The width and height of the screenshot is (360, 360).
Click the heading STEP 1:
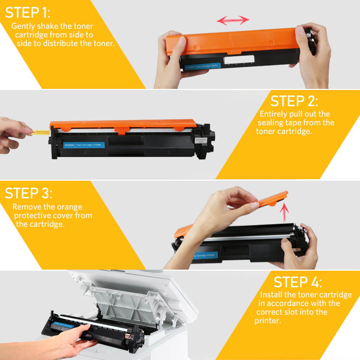pyautogui.click(x=28, y=13)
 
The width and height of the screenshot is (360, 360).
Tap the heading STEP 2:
pyautogui.click(x=294, y=101)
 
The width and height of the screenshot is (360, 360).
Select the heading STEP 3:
pyautogui.click(x=28, y=193)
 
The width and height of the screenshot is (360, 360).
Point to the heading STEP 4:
pyautogui.click(x=298, y=282)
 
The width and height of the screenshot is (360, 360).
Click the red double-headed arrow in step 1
pyautogui.click(x=233, y=20)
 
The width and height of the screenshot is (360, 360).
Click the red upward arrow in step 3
pyautogui.click(x=284, y=213)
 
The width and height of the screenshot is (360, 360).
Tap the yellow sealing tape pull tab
pyautogui.click(x=40, y=132)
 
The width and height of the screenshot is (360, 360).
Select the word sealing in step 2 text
pyautogui.click(x=273, y=123)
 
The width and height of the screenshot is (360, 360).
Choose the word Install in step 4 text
pyautogui.click(x=272, y=295)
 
